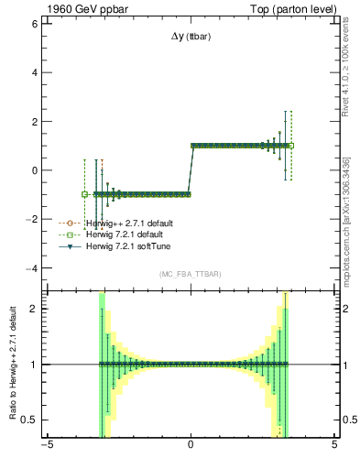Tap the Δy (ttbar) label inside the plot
[190, 38]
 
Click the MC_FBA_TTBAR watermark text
[190, 274]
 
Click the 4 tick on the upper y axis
[36, 72]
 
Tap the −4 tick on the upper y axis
[33, 268]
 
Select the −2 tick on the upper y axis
[33, 219]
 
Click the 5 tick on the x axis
[333, 448]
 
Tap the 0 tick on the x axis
[191, 448]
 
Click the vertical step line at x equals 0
[191, 169]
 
